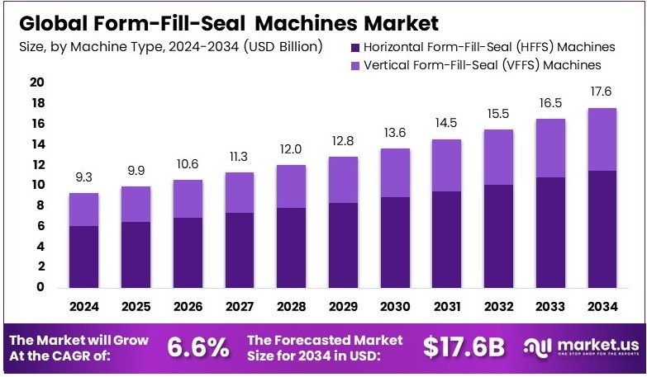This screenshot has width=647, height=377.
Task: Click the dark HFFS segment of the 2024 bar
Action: tap(83, 257)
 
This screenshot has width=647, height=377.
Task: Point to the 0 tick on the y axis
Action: tap(39, 287)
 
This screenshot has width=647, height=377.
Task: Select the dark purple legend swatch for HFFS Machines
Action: tap(355, 47)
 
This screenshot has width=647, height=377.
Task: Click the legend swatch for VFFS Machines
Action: tap(355, 64)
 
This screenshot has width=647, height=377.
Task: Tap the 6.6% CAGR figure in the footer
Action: tap(198, 347)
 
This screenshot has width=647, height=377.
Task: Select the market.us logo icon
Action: tap(538, 347)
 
